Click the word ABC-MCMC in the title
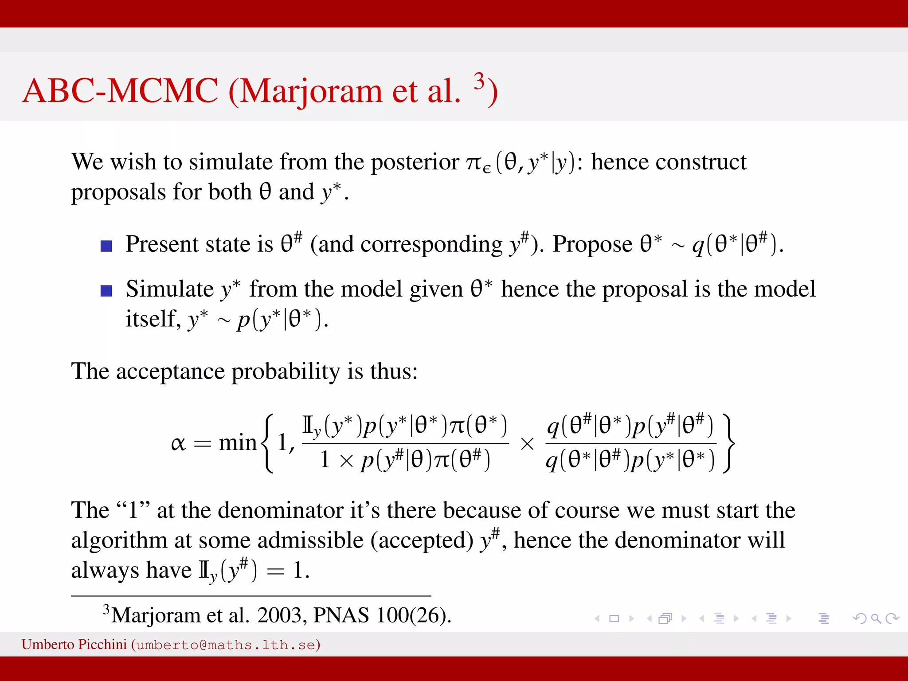click(x=120, y=91)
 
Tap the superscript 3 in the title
click(x=479, y=81)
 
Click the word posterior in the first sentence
click(x=415, y=162)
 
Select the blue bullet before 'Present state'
click(x=106, y=246)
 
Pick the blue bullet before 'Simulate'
click(x=106, y=291)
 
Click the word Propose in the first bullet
click(x=592, y=244)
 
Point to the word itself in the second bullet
click(x=153, y=318)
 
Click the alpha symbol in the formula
click(x=178, y=443)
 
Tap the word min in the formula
click(x=238, y=442)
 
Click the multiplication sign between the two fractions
click(x=527, y=444)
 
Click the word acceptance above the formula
click(x=170, y=371)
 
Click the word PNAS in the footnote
click(x=341, y=615)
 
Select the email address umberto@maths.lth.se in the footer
click(x=226, y=645)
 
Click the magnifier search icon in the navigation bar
click(x=876, y=618)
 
